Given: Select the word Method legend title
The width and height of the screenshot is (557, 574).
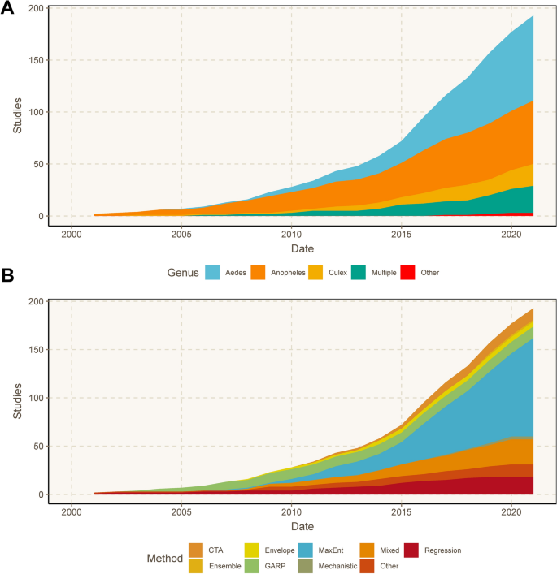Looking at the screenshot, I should [165, 558].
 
